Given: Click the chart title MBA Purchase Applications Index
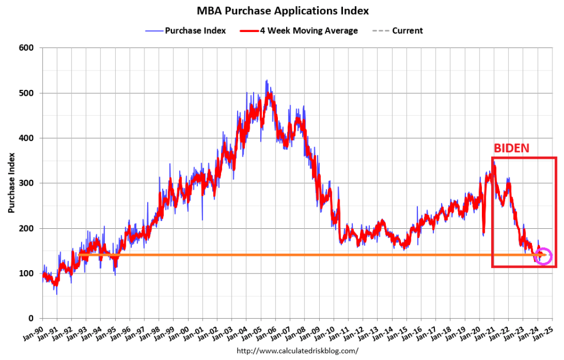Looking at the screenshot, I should click(282, 10).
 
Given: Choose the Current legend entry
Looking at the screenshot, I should click(407, 31).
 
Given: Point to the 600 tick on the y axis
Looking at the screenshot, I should click(28, 48).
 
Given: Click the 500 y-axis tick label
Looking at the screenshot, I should click(28, 93).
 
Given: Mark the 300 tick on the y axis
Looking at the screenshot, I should click(28, 183).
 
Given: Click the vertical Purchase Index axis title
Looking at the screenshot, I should click(11, 183).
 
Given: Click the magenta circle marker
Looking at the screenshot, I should click(543, 256).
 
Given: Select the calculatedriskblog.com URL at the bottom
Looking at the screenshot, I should click(297, 351).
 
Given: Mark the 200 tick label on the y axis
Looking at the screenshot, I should click(28, 228).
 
